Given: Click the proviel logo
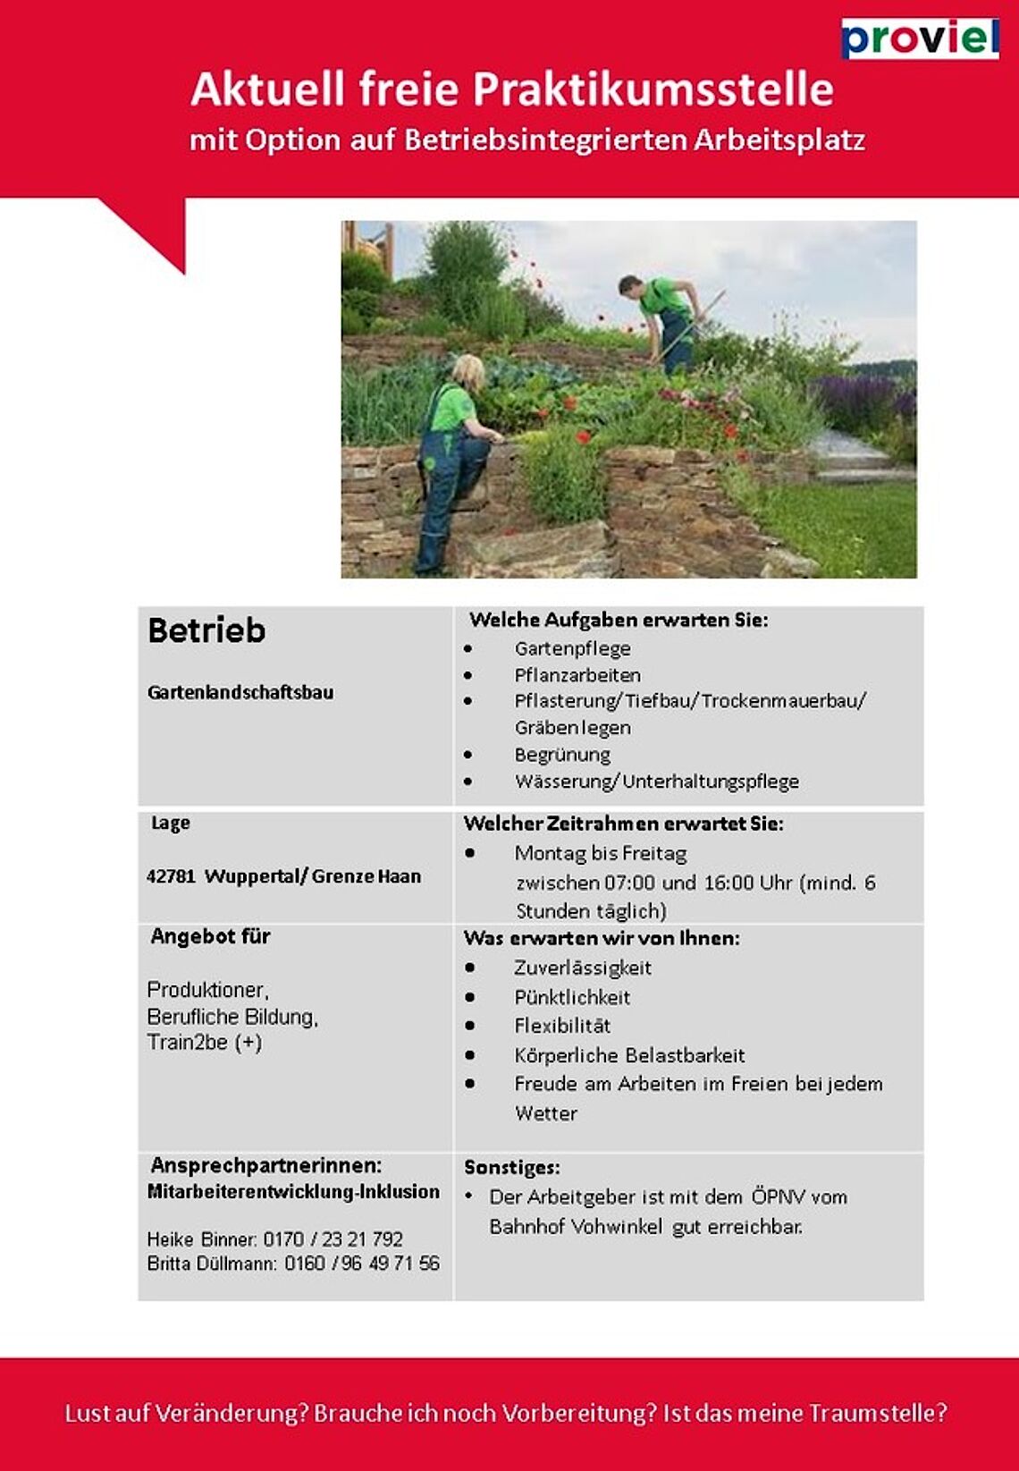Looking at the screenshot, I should click(x=920, y=38).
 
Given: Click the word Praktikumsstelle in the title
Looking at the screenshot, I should click(x=653, y=89).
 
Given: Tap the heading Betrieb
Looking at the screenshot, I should click(x=206, y=630).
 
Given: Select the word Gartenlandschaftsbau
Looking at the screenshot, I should click(x=240, y=692).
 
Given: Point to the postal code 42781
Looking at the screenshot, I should click(x=171, y=876).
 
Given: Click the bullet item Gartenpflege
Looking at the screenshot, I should click(x=572, y=648).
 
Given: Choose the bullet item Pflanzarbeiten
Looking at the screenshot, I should click(x=577, y=675).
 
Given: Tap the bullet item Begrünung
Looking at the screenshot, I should click(x=562, y=755).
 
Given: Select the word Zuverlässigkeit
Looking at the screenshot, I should click(x=583, y=968).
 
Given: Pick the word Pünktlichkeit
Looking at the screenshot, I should click(x=572, y=997).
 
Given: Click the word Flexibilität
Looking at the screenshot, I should click(x=562, y=1026).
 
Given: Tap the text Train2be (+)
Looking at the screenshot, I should click(x=204, y=1043).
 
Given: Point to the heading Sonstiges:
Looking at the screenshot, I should click(x=512, y=1167).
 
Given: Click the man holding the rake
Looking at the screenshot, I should click(x=665, y=322).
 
